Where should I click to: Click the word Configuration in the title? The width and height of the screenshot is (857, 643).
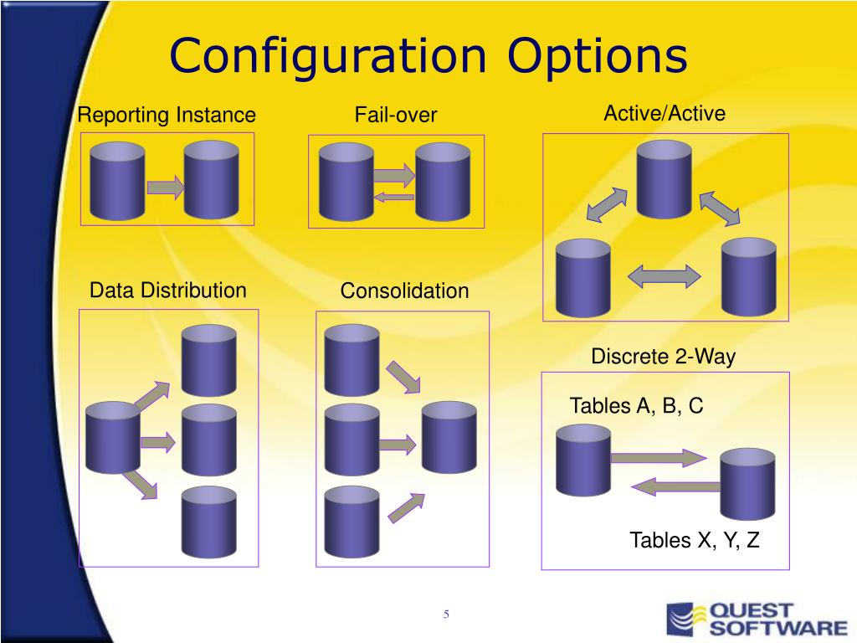tap(328, 57)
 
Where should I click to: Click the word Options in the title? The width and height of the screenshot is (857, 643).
tap(598, 57)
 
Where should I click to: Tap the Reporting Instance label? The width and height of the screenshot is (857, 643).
tap(167, 116)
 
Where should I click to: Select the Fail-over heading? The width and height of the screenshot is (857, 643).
tap(396, 115)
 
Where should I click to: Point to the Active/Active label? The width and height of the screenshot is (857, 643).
tap(665, 113)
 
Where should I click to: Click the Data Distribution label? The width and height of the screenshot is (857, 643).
tap(167, 290)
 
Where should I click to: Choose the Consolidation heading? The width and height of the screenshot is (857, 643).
tap(404, 291)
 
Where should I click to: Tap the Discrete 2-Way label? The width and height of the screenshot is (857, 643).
tap(663, 357)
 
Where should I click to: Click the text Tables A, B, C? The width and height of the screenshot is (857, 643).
tap(636, 406)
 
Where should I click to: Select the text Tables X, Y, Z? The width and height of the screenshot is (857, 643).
tap(695, 540)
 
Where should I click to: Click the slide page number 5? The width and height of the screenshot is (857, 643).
tap(446, 614)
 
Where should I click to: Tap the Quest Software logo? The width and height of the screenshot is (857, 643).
tap(757, 620)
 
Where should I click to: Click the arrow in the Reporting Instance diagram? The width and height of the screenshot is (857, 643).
tap(165, 187)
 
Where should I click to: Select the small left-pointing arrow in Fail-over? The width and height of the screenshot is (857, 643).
tap(393, 197)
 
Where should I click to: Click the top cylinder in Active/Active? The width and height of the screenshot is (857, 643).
tap(664, 179)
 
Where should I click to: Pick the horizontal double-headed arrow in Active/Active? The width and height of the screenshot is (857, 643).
tap(664, 276)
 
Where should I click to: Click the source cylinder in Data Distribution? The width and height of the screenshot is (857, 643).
tap(113, 437)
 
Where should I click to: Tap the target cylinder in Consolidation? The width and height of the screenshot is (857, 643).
tap(449, 437)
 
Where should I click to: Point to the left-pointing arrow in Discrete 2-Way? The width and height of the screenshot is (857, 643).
tap(675, 486)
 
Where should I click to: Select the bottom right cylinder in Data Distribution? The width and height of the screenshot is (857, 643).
tap(208, 522)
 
